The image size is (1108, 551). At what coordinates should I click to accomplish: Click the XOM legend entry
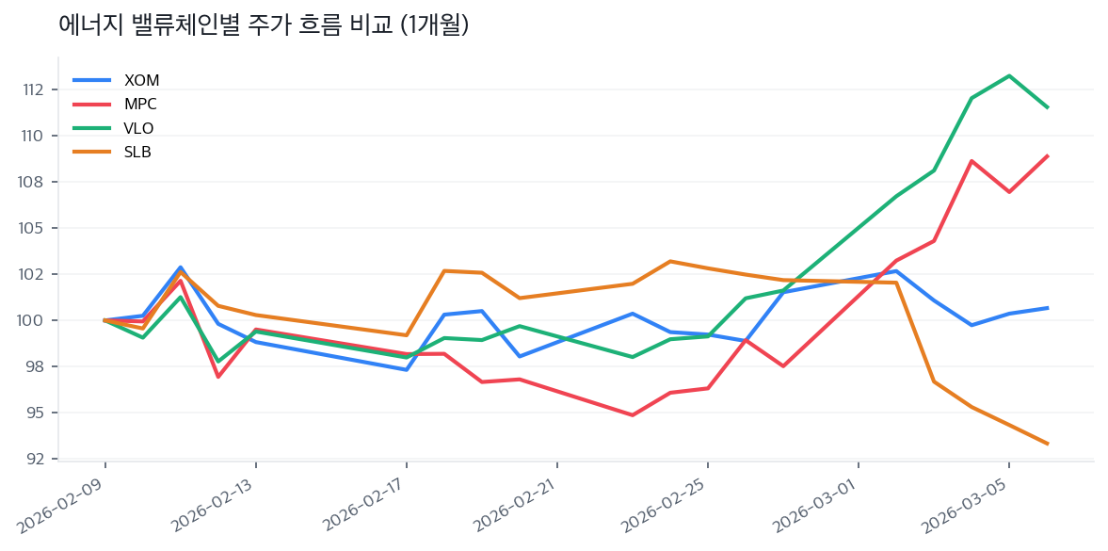(141, 81)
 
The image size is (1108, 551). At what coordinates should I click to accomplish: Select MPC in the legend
(140, 105)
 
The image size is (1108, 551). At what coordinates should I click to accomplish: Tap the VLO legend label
(138, 128)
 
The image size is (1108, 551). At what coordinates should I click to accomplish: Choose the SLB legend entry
(137, 152)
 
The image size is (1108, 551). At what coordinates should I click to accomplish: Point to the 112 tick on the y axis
(34, 89)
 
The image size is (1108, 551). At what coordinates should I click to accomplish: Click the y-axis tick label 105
(34, 228)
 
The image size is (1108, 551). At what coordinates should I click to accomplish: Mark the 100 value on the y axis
(34, 320)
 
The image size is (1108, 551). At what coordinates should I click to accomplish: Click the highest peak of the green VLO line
(1009, 75)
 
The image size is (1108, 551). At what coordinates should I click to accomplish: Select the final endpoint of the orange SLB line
(1047, 444)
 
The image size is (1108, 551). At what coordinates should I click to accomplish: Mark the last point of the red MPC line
(1047, 156)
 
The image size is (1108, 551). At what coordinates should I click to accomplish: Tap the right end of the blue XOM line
(1047, 308)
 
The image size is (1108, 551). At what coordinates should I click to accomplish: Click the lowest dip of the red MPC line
(633, 414)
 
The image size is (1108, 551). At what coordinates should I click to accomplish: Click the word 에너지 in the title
(88, 25)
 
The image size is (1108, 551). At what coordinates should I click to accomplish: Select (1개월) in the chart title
(434, 25)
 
